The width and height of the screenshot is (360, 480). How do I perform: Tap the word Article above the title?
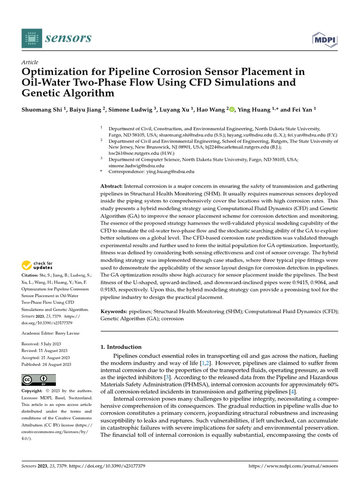click(x=30, y=62)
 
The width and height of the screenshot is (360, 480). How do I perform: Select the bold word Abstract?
click(x=112, y=186)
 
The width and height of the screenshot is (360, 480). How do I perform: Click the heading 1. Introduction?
click(x=121, y=347)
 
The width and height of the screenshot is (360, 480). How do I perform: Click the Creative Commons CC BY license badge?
click(x=39, y=380)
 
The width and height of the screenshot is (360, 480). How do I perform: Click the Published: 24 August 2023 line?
click(x=46, y=364)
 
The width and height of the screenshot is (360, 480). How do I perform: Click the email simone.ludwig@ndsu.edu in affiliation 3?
click(x=136, y=165)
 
